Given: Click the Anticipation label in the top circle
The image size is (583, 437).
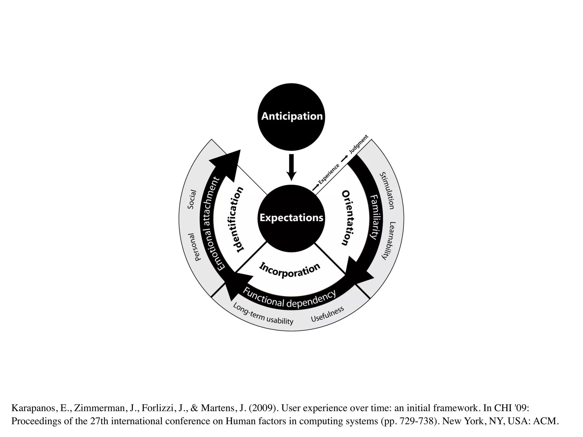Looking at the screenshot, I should click(291, 116).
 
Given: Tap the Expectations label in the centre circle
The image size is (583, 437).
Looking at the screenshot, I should click(291, 218).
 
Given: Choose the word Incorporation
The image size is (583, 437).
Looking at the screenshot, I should click(290, 270).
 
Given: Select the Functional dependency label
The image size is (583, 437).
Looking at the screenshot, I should click(289, 299).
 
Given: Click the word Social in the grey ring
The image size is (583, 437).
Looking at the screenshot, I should click(192, 199).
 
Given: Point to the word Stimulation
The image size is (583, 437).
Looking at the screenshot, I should click(387, 190).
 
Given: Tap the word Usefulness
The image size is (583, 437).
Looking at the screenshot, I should click(327, 314).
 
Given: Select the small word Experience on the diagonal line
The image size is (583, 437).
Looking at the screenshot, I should click(329, 174).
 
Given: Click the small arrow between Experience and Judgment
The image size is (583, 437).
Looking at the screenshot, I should click(344, 158).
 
